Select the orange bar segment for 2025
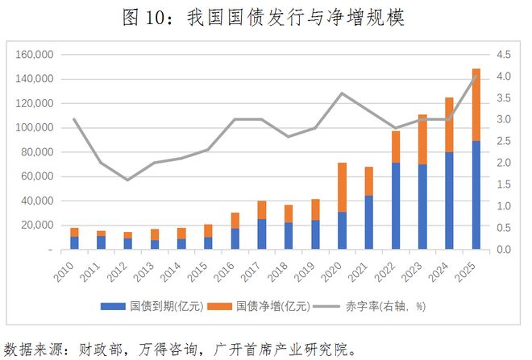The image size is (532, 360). click(x=476, y=105)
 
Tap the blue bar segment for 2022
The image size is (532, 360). click(x=396, y=206)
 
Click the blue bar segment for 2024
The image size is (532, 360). click(x=449, y=201)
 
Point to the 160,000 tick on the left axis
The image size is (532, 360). click(x=34, y=55)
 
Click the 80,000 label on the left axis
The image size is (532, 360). click(x=36, y=152)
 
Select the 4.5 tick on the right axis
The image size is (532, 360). click(x=504, y=55)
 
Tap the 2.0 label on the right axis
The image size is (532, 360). click(x=504, y=163)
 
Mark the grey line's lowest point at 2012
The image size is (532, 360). click(x=127, y=180)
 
